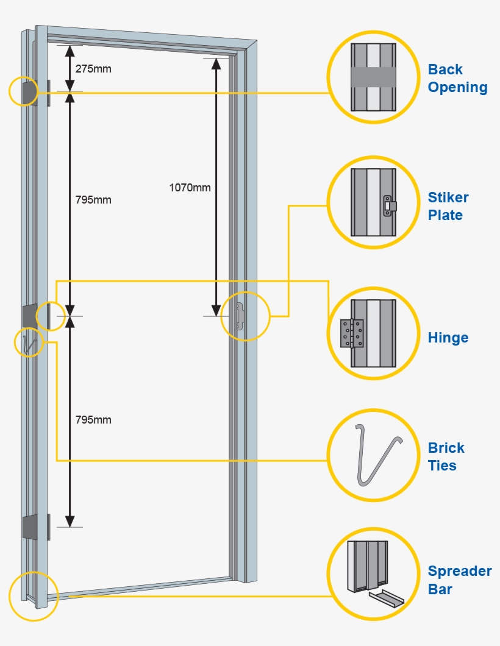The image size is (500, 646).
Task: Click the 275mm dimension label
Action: click(93, 69)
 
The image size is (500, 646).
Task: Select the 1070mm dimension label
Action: click(190, 187)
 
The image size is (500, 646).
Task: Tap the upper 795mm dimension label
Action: click(93, 200)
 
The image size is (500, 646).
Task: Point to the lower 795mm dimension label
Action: click(93, 420)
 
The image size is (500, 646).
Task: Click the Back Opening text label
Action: click(457, 78)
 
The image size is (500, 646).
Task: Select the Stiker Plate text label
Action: click(448, 206)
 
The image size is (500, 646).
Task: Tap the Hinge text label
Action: click(448, 338)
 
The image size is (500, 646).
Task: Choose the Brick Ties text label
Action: click(446, 456)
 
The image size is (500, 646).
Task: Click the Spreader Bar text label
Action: click(459, 580)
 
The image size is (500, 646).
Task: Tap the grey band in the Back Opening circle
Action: click(373, 77)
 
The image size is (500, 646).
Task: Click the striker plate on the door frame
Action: click(240, 317)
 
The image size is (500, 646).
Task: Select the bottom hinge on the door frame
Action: click(29, 527)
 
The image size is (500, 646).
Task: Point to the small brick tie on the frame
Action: click(27, 344)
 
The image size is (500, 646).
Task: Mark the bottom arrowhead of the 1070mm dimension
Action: click(216, 310)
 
